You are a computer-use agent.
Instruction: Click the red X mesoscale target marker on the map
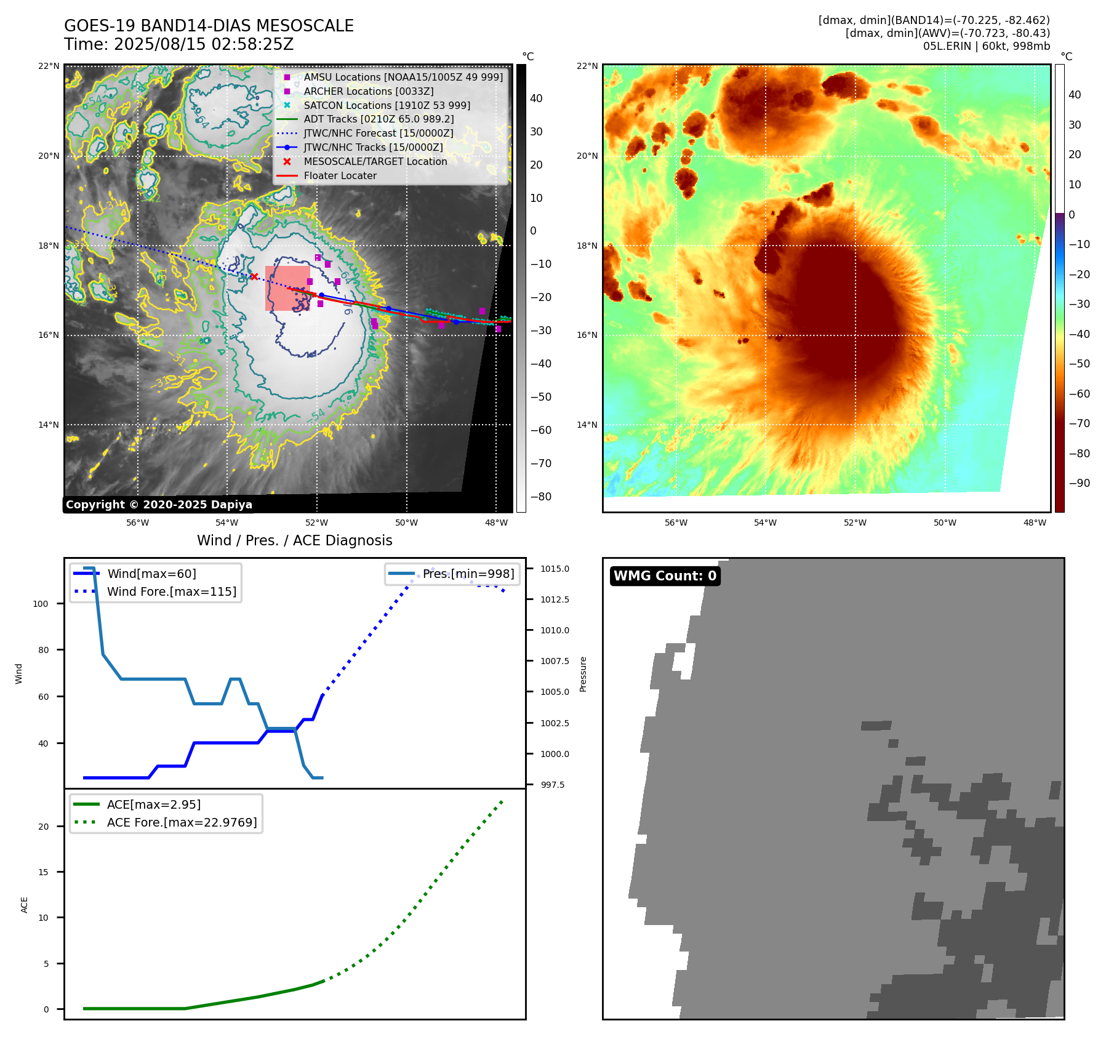254,277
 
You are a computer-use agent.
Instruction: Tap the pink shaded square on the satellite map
287,288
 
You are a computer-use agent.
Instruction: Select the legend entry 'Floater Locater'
340,175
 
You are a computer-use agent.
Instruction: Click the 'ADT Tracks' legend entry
379,119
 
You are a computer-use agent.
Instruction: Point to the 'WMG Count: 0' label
665,576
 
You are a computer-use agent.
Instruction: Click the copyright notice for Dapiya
159,505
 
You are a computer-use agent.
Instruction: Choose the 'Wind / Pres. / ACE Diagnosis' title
294,540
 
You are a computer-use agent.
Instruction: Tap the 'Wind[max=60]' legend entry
151,574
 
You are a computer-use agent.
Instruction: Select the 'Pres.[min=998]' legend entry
468,574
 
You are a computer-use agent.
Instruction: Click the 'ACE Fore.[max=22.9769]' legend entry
182,822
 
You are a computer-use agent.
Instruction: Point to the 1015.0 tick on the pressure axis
555,569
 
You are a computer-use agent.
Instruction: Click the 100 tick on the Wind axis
41,604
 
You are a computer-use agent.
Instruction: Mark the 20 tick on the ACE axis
43,827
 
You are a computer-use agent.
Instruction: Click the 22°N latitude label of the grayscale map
49,66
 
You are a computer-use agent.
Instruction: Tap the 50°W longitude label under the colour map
945,523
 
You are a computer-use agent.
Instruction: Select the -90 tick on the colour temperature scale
1079,483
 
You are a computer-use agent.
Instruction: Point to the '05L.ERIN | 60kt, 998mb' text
986,46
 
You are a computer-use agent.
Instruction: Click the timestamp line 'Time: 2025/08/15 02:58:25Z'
178,45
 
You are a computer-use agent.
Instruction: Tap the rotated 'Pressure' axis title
583,674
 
